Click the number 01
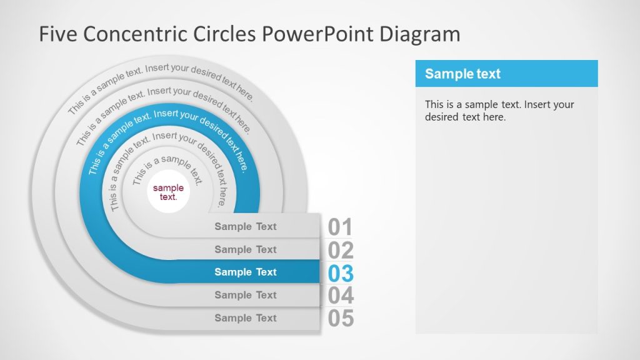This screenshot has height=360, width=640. tap(341, 227)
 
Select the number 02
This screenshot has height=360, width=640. tap(341, 251)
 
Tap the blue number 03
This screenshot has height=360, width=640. tap(341, 273)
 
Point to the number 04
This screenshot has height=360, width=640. tap(341, 296)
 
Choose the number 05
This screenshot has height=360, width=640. tap(341, 319)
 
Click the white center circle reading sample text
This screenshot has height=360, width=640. tap(169, 192)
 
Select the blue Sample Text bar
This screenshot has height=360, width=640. tap(246, 272)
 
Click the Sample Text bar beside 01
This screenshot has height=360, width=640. tap(246, 226)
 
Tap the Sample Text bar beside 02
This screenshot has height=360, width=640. tap(246, 249)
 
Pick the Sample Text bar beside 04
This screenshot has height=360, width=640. tap(246, 295)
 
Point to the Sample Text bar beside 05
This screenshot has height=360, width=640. tap(246, 317)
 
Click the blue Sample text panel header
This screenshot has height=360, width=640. tap(506, 74)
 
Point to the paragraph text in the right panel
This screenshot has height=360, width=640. tap(499, 111)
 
